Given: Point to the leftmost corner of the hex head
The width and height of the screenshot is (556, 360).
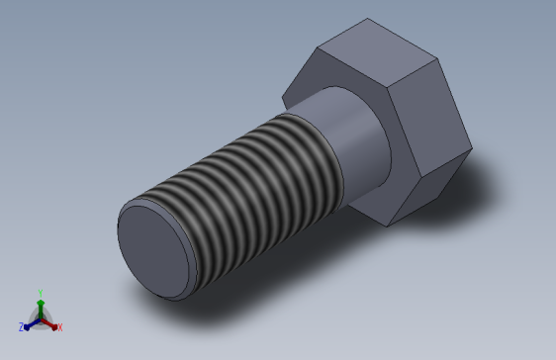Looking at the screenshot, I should click(x=283, y=96).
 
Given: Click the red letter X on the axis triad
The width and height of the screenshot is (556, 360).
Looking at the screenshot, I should click(x=59, y=326).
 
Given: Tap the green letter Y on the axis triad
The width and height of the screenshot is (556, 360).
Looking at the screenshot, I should click(x=41, y=292).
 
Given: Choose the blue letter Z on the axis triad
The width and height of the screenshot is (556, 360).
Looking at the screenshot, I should click(x=21, y=327).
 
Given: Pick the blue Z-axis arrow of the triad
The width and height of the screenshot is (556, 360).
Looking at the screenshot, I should click(x=31, y=322).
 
